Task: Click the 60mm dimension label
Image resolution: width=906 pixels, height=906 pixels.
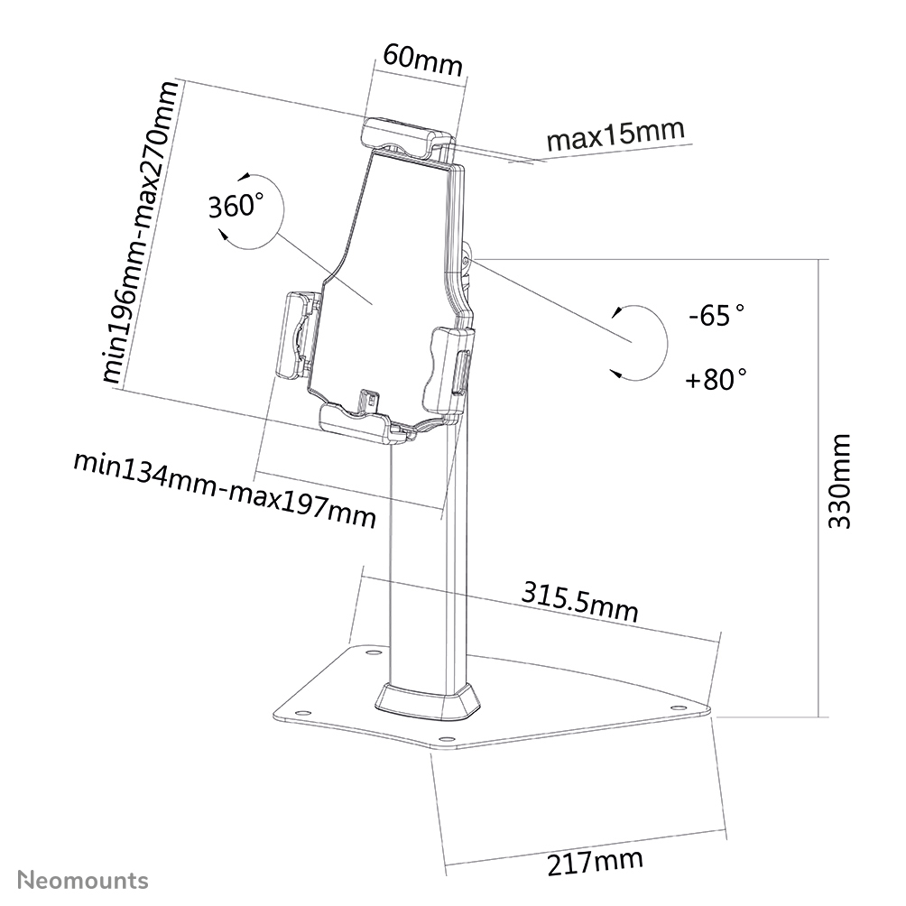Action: (x=421, y=61)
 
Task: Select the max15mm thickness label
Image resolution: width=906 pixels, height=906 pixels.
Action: (x=615, y=136)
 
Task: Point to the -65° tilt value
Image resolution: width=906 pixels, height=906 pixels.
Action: (x=716, y=316)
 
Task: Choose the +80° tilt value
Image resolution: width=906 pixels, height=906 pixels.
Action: (x=716, y=378)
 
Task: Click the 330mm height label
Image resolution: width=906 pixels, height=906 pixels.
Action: (x=839, y=482)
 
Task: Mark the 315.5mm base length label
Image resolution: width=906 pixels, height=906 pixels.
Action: (x=579, y=603)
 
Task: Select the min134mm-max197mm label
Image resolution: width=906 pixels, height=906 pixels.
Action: (x=224, y=491)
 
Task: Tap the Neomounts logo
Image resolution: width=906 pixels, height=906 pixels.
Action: (x=83, y=879)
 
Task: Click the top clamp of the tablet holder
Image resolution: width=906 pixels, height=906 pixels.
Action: (x=406, y=137)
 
